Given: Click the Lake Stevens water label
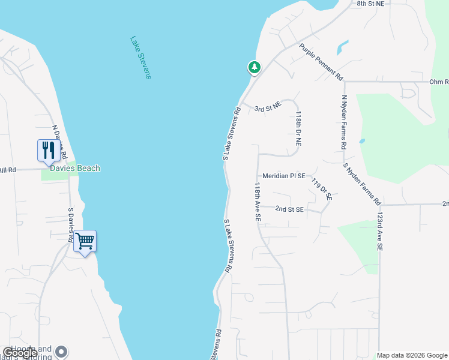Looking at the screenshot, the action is coord(140,58).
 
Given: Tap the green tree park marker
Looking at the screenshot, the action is coord(255,67).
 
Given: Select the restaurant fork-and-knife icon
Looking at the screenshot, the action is coord(47,150).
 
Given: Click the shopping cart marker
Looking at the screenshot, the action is coord(85,241).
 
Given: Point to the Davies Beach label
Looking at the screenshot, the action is coord(79,169).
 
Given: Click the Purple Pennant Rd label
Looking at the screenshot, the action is coord(321,62).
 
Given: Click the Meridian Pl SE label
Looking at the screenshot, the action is coord(283,176).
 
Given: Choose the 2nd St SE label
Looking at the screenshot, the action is coord(289,209).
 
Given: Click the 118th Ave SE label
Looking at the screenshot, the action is coord(258,203).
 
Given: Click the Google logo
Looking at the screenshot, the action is coord(19,353).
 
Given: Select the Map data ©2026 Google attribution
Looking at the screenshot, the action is coord(412,355).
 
